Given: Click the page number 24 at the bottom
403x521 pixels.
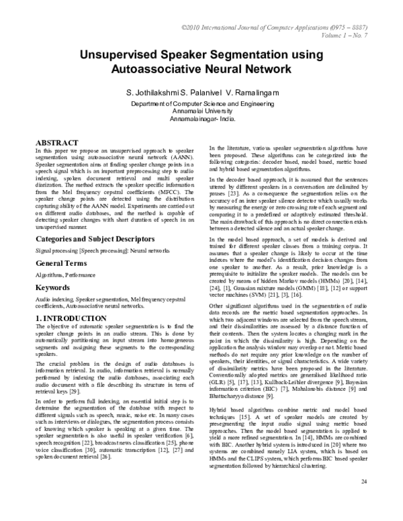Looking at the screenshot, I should (x=364, y=502).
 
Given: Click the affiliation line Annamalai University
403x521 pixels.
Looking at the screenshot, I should (x=201, y=111).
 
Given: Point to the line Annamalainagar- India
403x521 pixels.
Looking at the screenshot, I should (x=201, y=119).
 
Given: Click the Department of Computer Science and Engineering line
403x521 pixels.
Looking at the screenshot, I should (x=201, y=104).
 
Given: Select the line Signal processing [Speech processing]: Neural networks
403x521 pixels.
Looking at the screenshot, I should (x=102, y=249).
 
